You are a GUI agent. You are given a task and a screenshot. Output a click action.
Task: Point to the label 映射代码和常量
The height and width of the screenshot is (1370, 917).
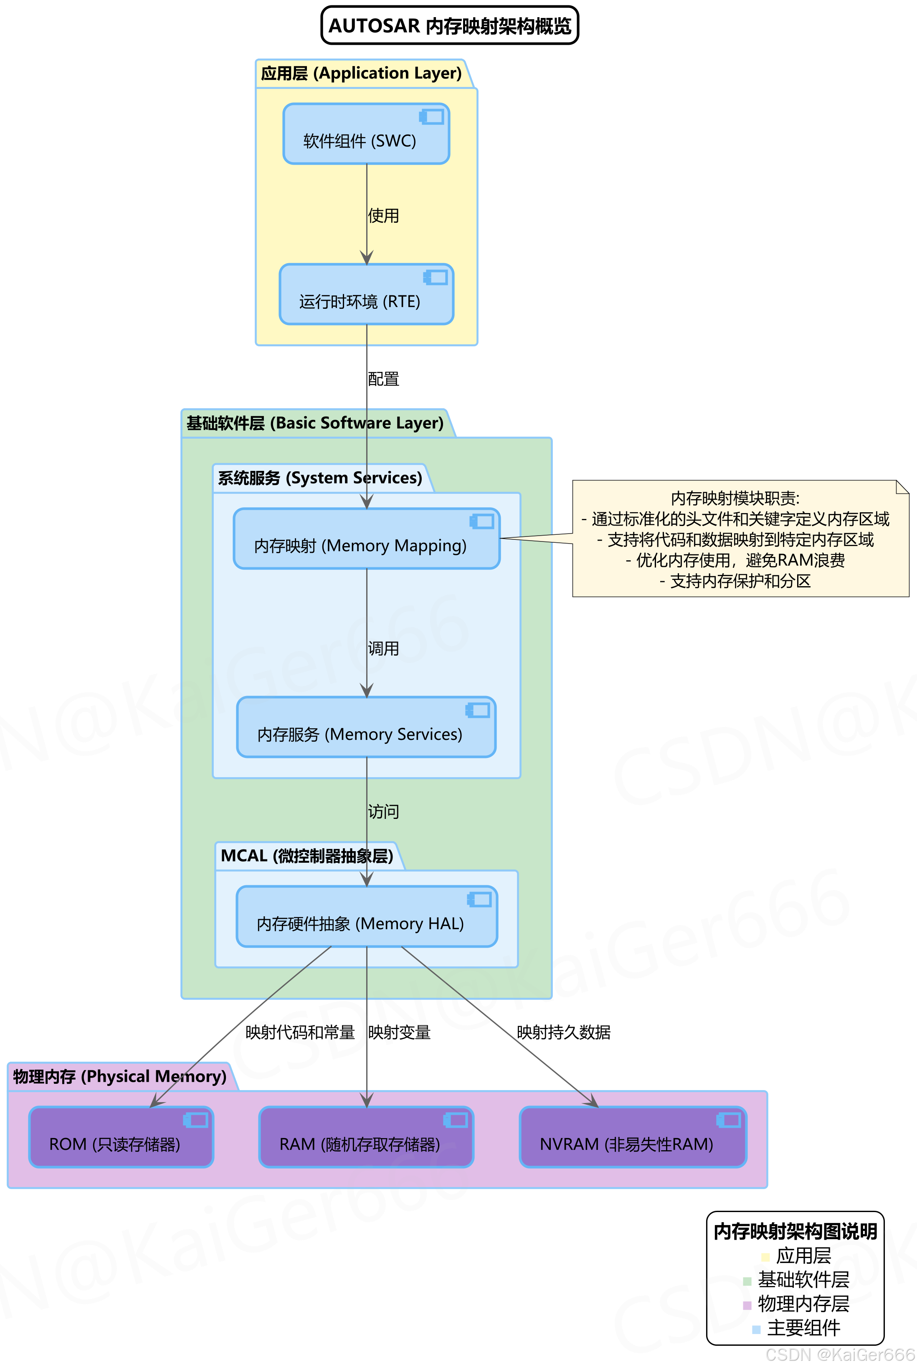point(300,1032)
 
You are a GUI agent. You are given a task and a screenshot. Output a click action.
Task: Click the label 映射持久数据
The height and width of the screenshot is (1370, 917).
point(563,1032)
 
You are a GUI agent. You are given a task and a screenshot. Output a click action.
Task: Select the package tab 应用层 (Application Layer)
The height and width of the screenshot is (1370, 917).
point(361,74)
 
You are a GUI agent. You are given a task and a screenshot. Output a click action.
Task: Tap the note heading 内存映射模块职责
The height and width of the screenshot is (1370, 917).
point(735,498)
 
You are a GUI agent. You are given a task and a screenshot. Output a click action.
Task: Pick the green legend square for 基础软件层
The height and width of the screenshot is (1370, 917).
point(747,1281)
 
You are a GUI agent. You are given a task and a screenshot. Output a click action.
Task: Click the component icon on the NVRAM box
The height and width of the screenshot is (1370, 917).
point(729,1120)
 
